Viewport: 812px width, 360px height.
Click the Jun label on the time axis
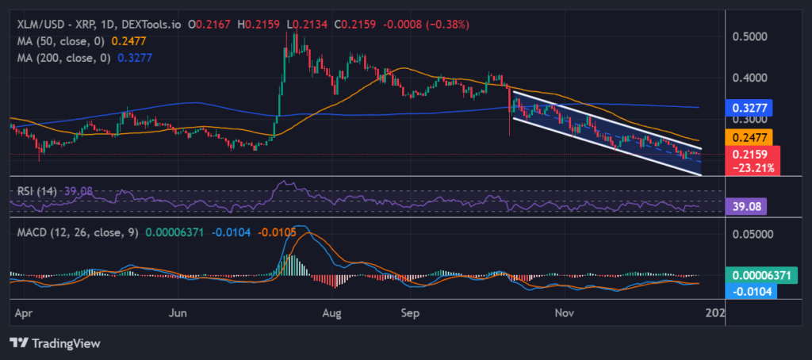(x=179, y=313)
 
